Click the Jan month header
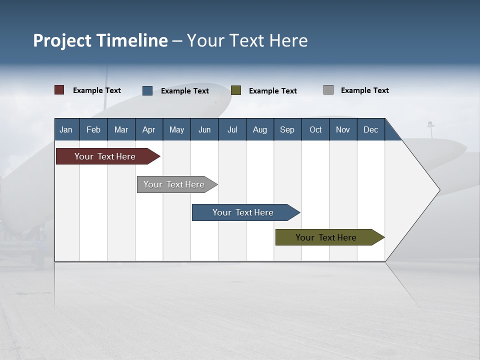[x=66, y=129]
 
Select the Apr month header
[x=148, y=129]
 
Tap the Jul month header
[x=232, y=129]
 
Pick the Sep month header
[x=287, y=129]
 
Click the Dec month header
[x=370, y=129]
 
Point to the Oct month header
[x=315, y=129]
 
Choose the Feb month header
[x=93, y=129]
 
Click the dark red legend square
[x=59, y=90]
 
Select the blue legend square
[x=147, y=90]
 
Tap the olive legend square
[x=236, y=90]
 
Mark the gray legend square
[x=328, y=90]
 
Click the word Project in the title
[x=62, y=40]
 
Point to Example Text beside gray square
[x=364, y=90]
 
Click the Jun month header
[x=204, y=129]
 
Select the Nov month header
[x=343, y=129]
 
